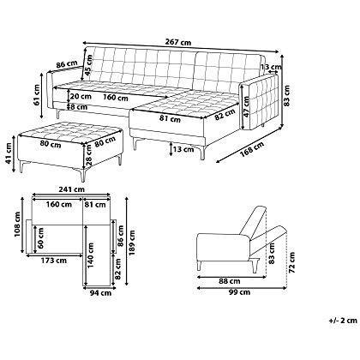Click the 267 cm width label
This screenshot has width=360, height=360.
coord(177,42)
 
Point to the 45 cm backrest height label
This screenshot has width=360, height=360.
coord(89,64)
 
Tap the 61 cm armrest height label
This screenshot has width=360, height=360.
coord(36,95)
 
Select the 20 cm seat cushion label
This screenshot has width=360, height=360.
coord(81,96)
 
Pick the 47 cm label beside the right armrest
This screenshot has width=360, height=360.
coord(246,106)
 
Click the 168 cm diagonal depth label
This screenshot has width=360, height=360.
coord(251,149)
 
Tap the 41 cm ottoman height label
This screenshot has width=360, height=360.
coord(9,153)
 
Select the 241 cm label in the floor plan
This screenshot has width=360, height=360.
coord(71,189)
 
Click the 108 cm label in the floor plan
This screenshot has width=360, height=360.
coord(17,225)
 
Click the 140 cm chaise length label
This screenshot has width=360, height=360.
coord(90,255)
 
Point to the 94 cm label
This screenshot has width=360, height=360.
coord(100,293)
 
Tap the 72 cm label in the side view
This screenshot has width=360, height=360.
coord(291,262)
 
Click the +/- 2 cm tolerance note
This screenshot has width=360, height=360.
coord(343,321)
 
